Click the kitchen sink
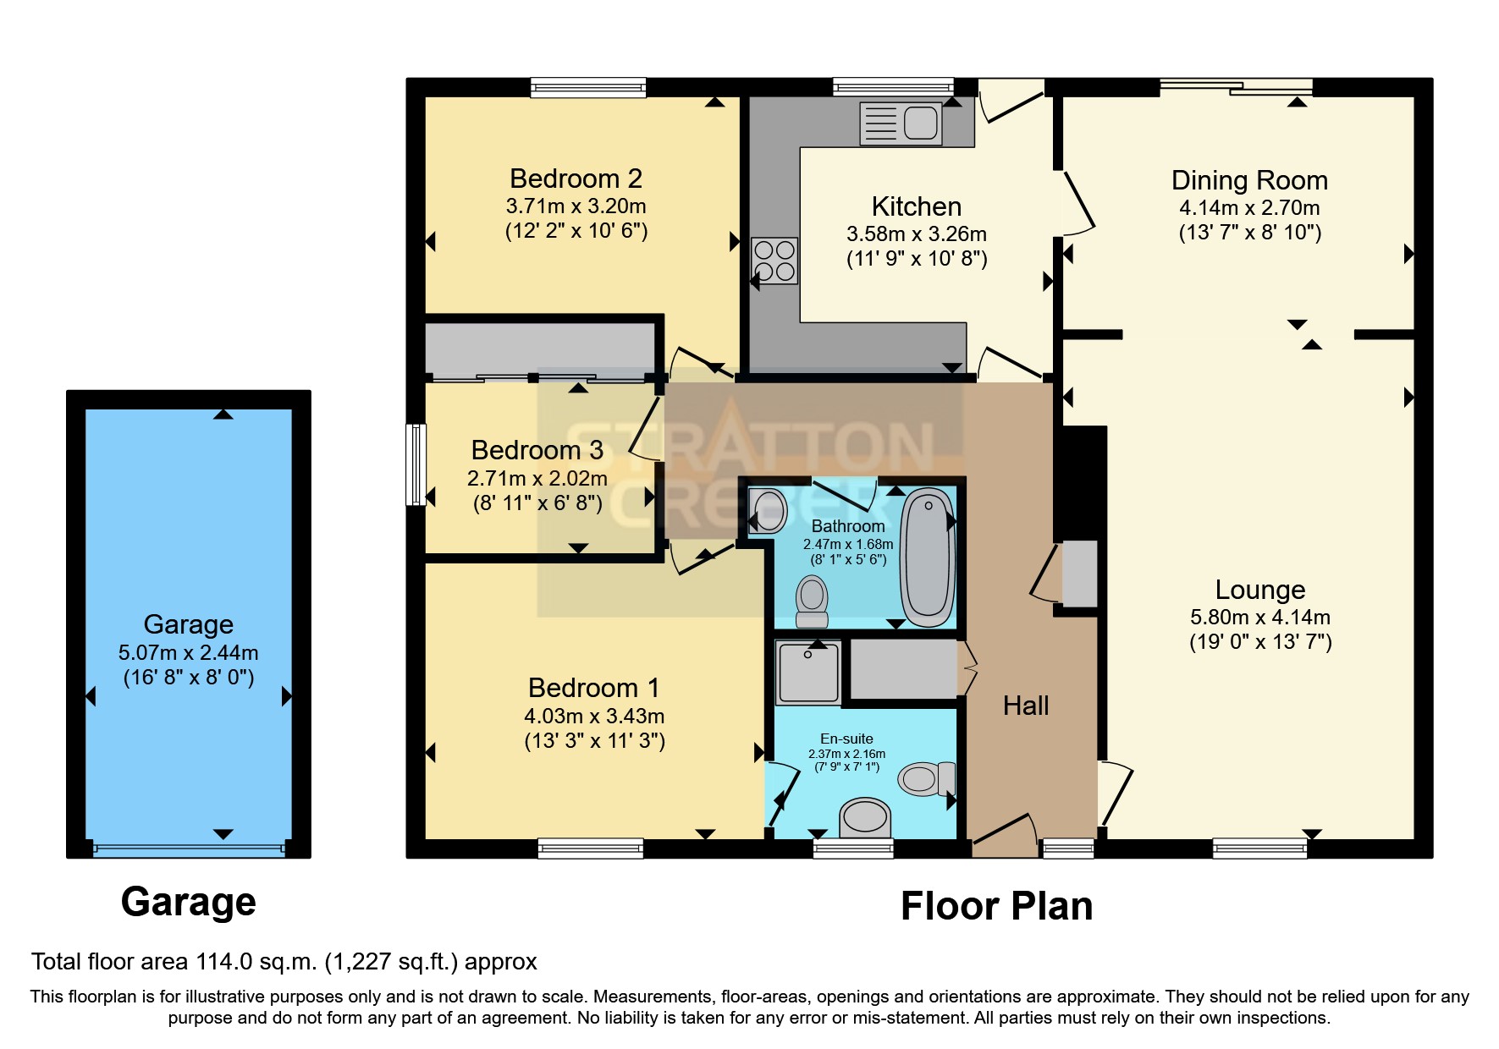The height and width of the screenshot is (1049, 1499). pos(901,124)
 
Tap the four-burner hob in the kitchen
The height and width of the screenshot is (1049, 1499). pos(774,261)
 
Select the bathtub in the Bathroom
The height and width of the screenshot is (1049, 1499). pos(928,557)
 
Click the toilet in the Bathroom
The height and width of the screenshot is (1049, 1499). pos(812,601)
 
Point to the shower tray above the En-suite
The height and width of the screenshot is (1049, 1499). pos(809,673)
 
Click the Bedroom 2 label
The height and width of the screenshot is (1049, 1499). pos(576,178)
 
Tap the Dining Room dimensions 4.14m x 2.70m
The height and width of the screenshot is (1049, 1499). pos(1249,207)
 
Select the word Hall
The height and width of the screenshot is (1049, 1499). pos(1025,706)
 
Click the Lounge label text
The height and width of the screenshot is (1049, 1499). pos(1259,590)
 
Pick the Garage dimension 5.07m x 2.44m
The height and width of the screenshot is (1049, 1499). pos(188,652)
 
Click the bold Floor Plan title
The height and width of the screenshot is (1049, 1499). pos(996,906)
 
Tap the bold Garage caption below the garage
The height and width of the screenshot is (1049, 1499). pos(188,902)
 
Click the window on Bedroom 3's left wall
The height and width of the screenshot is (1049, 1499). pos(416,464)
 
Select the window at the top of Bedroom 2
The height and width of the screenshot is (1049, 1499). pos(588,87)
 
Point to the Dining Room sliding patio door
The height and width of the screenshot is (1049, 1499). pos(1236,86)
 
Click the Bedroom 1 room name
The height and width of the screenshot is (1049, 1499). pos(593,688)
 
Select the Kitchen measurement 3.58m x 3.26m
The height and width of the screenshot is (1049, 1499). pos(916,234)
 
